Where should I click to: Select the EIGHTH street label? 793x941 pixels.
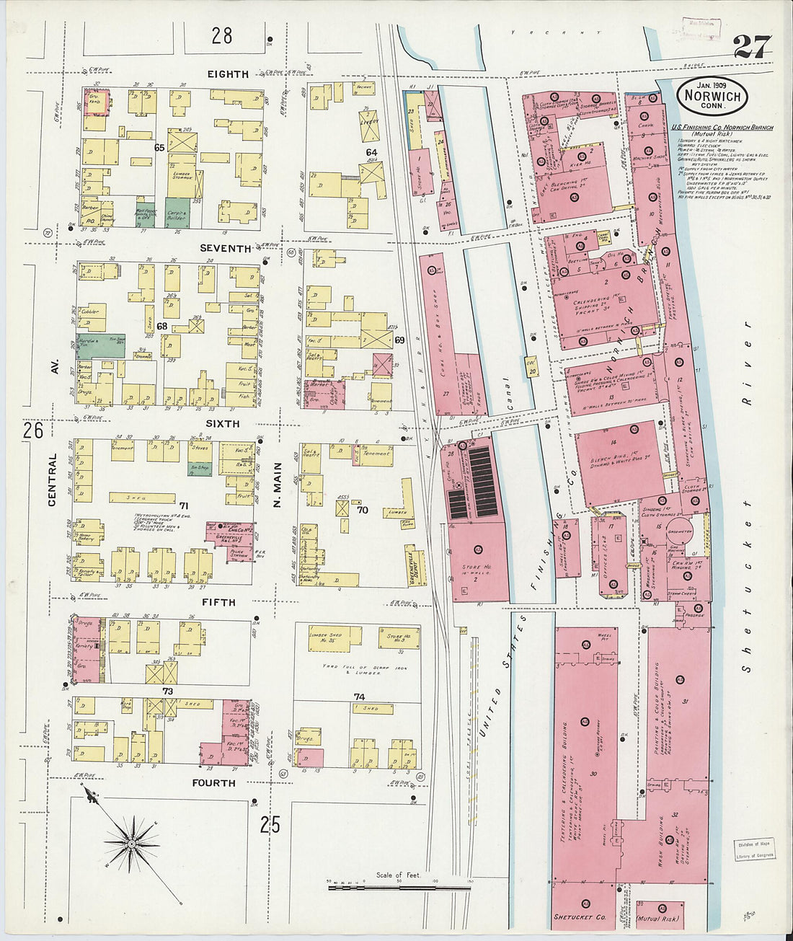(x=228, y=74)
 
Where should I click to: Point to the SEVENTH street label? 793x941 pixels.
(x=226, y=248)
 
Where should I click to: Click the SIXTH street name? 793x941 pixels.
(x=223, y=424)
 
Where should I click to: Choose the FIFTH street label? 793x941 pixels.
(x=218, y=602)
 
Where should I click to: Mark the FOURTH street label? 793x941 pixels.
(x=213, y=782)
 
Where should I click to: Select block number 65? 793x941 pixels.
(x=159, y=147)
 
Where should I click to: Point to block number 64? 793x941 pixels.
(x=371, y=152)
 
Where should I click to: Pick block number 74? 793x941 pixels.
(x=359, y=697)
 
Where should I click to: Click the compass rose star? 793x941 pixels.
(x=132, y=842)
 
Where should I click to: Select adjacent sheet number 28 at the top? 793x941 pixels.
(x=222, y=35)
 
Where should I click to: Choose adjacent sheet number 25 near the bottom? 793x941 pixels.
(x=270, y=824)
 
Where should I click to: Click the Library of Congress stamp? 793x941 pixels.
(x=755, y=849)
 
